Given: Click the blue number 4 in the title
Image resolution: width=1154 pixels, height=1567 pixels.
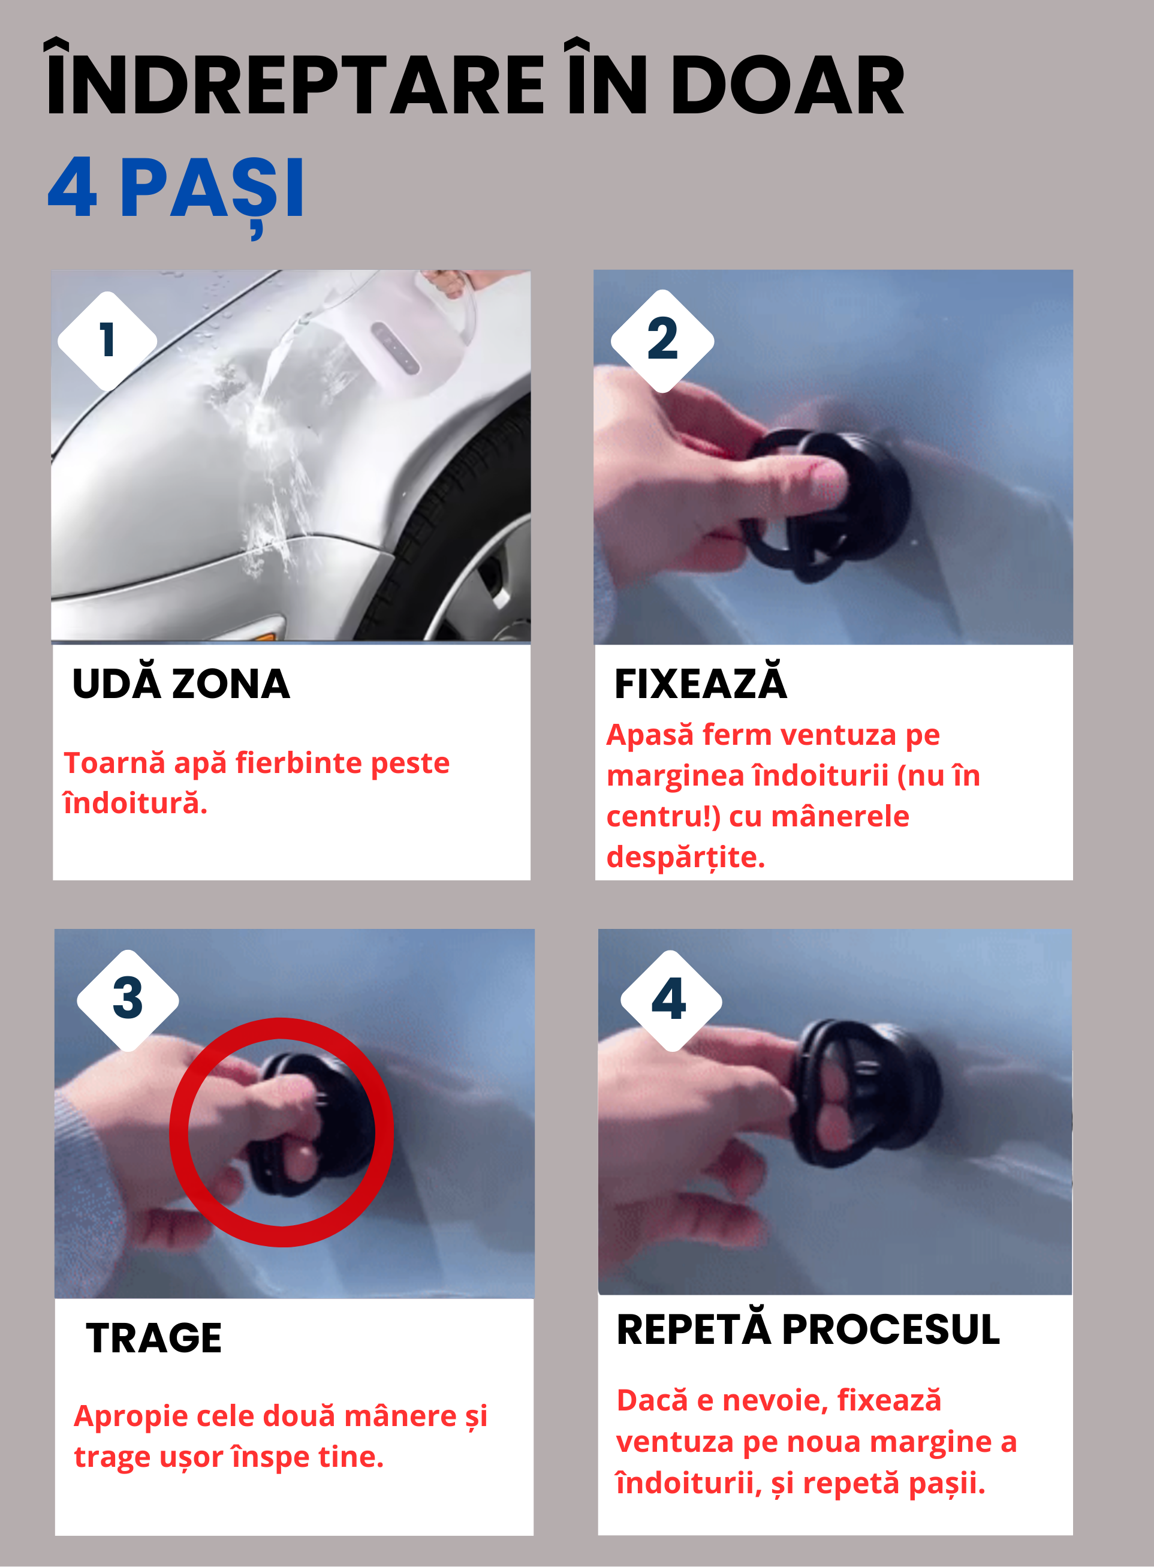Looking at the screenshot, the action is pos(72,187).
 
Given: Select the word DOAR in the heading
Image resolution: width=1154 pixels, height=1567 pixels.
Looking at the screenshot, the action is pos(787,85).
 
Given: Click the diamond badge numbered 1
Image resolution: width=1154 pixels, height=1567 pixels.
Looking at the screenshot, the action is pos(107,341).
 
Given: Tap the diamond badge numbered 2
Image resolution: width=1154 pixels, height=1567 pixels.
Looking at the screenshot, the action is pos(662,340).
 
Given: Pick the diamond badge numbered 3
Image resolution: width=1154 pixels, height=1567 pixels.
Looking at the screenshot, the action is pos(128,1000).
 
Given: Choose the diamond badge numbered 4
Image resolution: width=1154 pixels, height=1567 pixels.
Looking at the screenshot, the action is pos(671,1000).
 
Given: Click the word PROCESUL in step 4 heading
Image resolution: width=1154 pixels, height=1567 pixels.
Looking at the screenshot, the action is pos(891,1330).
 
